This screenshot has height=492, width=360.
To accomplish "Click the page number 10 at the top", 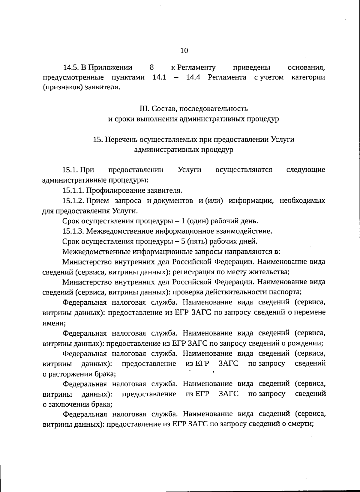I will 184,50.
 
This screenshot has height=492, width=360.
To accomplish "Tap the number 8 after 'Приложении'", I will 151,67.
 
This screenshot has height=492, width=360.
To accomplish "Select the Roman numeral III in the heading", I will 144,108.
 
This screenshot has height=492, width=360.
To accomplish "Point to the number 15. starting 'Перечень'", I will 98,139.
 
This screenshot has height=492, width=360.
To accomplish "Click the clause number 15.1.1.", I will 73,190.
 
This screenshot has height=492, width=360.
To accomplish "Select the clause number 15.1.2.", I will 73,201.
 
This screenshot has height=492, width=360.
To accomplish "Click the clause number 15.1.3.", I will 73,231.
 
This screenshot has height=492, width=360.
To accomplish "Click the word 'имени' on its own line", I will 54,323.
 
